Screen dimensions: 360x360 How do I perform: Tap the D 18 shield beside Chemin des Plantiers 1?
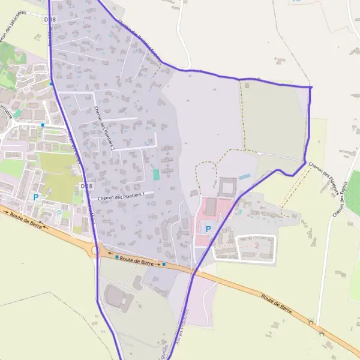coord(84,187)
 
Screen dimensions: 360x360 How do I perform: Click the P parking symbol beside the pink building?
coord(209,229)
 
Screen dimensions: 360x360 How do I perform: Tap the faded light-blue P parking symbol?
coord(59,212)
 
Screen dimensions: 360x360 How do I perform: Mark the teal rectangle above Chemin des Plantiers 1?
coord(157,174)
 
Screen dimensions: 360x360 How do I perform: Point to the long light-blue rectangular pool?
coord(245,177)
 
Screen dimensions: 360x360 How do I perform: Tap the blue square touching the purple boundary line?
coord(52,84)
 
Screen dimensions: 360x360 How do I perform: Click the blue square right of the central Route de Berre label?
coord(163,263)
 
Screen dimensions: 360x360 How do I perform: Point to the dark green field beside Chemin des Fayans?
coord(352,192)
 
